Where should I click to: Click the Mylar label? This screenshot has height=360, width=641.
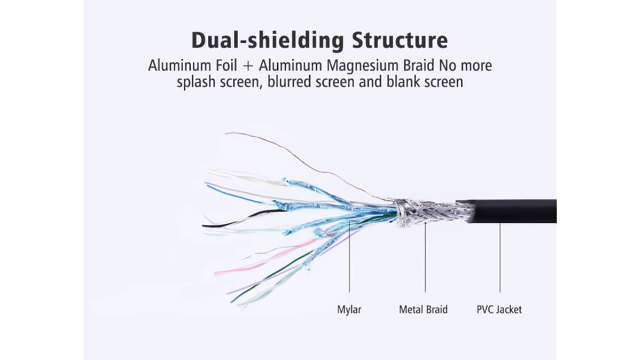349,309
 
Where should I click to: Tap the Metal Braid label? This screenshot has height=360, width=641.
423,309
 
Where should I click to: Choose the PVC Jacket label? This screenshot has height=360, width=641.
499,309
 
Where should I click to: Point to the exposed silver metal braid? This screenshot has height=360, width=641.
427,212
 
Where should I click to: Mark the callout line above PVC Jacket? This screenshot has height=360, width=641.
500,256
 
